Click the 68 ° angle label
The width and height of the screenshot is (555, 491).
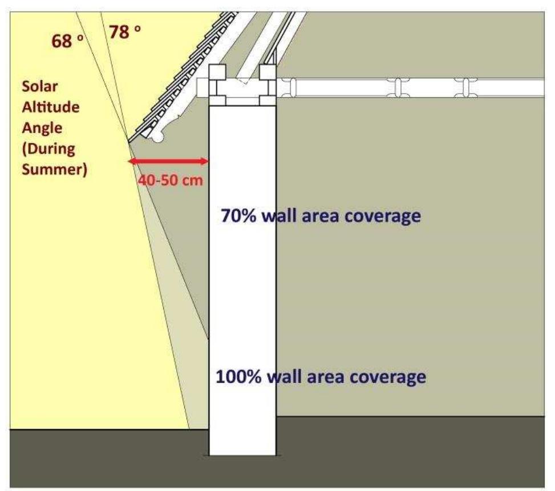(x=68, y=41)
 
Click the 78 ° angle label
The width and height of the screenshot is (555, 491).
(x=124, y=32)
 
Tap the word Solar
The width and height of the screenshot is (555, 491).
(x=40, y=86)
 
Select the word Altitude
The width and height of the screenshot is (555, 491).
(x=51, y=107)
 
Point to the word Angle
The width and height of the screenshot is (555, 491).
(x=42, y=128)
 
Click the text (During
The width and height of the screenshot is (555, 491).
(x=48, y=149)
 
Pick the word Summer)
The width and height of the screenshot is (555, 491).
(x=55, y=170)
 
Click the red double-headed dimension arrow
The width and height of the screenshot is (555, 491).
(x=168, y=162)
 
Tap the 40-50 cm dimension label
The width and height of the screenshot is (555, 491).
(x=170, y=180)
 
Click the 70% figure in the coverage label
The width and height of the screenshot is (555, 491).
(x=238, y=215)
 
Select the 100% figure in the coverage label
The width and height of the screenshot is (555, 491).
(x=238, y=377)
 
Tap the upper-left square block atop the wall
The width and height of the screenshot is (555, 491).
(x=217, y=73)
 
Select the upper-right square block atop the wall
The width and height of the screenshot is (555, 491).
(x=268, y=73)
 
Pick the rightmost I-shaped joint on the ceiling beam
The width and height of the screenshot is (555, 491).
(x=465, y=87)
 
